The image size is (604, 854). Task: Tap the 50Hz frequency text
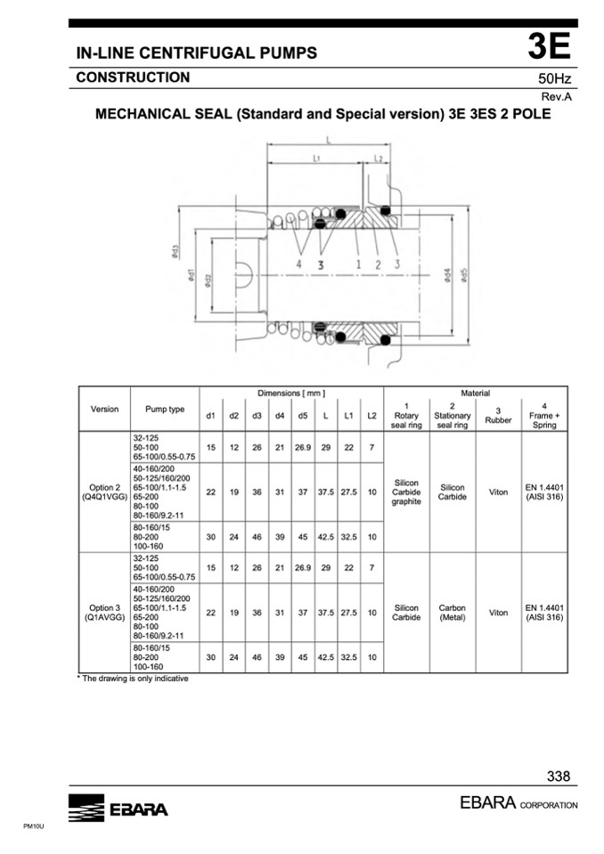tap(554, 78)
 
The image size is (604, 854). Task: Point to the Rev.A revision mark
tap(557, 95)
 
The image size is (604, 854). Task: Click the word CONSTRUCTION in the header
tap(133, 77)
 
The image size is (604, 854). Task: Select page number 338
tap(559, 777)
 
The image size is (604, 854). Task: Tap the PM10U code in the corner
tap(33, 827)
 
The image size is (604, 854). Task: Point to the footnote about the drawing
tap(132, 678)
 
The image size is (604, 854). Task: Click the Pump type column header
tap(165, 410)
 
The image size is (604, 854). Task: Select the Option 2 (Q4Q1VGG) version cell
tap(104, 492)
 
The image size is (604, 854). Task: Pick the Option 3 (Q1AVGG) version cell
tap(104, 613)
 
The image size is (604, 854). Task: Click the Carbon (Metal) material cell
tap(453, 613)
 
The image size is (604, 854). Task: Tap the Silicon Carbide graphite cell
tap(406, 492)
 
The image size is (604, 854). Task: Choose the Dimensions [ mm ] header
tap(291, 393)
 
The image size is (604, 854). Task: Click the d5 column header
tap(303, 416)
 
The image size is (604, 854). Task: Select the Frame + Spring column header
tap(543, 416)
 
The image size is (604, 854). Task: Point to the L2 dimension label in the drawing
tap(379, 159)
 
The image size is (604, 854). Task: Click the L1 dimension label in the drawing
tap(316, 159)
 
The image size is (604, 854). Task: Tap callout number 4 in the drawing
tap(299, 264)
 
